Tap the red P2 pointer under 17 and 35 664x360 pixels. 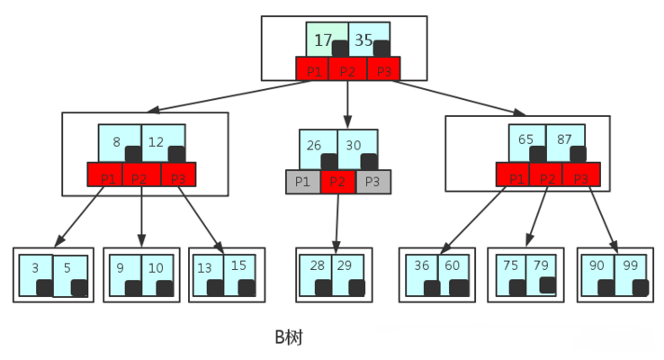pos(347,69)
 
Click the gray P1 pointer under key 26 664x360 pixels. pos(303,182)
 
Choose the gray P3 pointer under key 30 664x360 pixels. pos(373,182)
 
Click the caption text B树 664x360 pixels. pos(289,337)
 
